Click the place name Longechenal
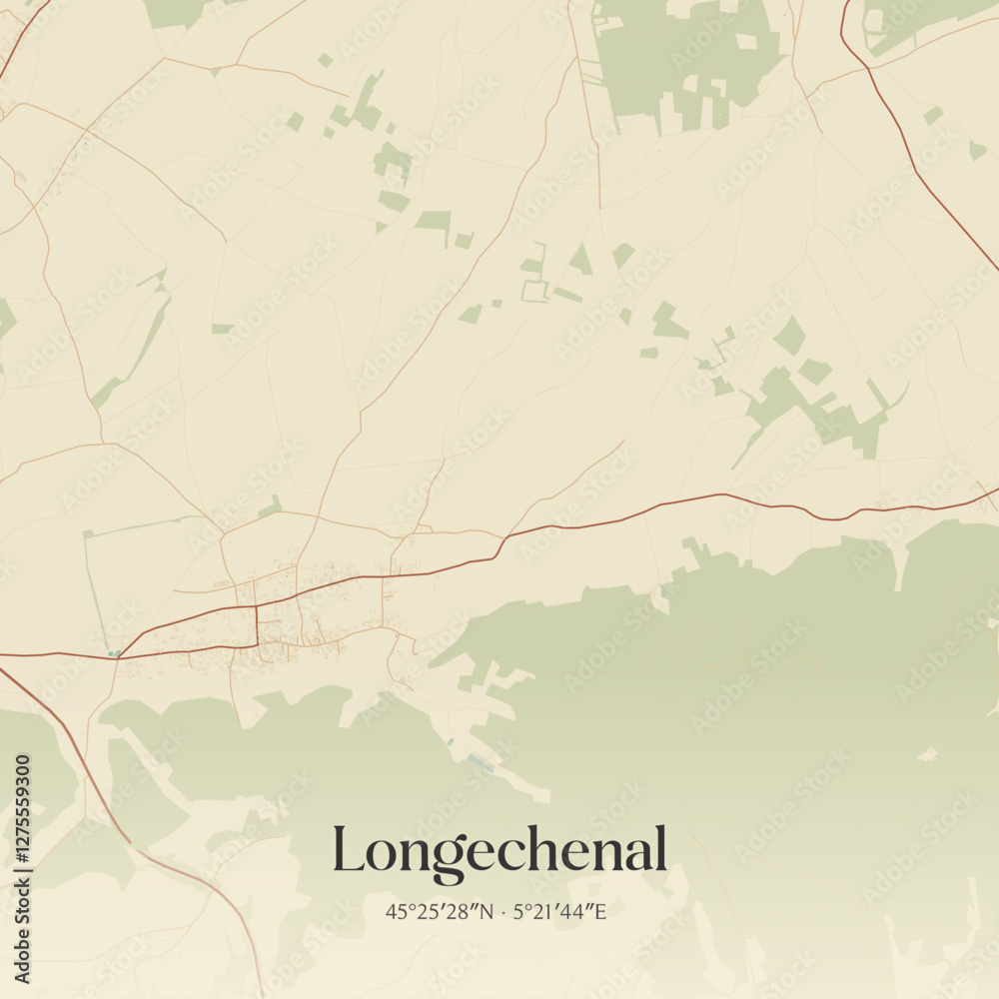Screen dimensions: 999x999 [x=499, y=851]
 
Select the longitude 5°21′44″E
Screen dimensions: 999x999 [x=559, y=911]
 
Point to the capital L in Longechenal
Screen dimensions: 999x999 [x=351, y=849]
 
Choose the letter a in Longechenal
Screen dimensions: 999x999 [x=635, y=855]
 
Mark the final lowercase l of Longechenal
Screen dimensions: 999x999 [x=659, y=849]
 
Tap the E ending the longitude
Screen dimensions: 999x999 [x=600, y=911]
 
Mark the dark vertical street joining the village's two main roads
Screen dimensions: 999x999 [x=257, y=625]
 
